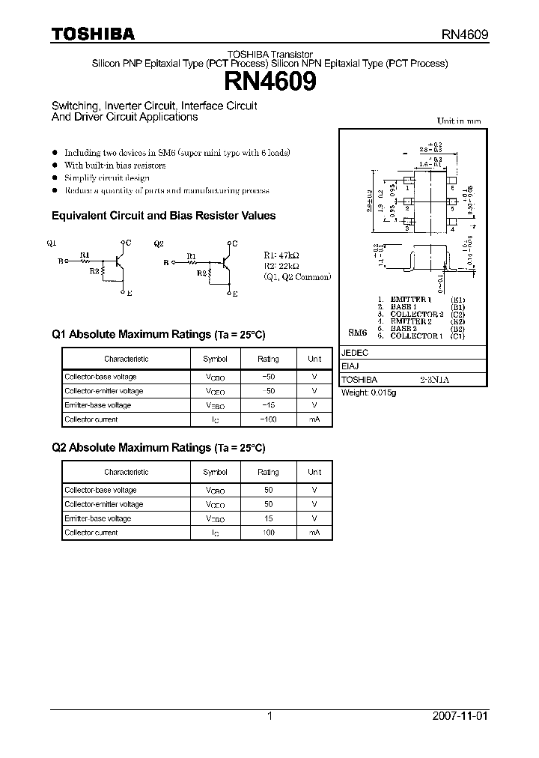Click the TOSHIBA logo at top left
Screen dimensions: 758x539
pos(93,34)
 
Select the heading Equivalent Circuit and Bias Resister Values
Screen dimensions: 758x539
pos(163,216)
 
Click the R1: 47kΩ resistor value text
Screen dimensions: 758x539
pos(281,255)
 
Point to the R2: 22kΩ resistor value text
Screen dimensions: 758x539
pos(281,265)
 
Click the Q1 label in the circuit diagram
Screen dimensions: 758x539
pos(51,243)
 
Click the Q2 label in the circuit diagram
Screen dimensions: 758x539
pos(158,243)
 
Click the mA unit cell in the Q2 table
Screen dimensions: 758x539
pos(314,533)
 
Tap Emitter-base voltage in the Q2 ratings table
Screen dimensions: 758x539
pos(97,518)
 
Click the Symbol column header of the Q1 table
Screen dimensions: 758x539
pos(215,359)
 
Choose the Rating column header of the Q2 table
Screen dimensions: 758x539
pos(268,472)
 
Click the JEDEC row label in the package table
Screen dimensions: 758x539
pos(355,352)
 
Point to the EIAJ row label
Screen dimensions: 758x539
pos(350,366)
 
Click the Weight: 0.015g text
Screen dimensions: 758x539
pos(369,392)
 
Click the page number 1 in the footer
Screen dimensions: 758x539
pos(269,716)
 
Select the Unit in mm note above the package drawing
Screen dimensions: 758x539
pos(459,121)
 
